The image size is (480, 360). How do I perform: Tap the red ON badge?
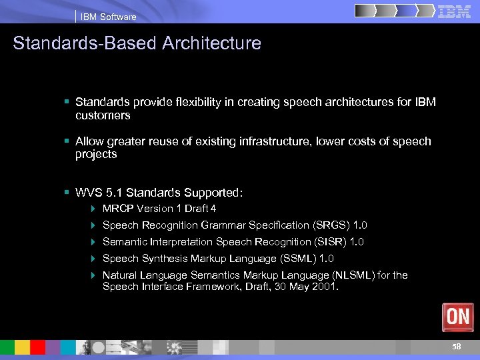pyautogui.click(x=457, y=317)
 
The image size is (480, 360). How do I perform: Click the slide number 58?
pyautogui.click(x=456, y=347)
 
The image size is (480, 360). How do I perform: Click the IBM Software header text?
pyautogui.click(x=108, y=17)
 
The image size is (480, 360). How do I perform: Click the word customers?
pyautogui.click(x=103, y=115)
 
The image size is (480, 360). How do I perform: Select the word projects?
pyautogui.click(x=96, y=154)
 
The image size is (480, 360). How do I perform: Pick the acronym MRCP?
pyautogui.click(x=117, y=209)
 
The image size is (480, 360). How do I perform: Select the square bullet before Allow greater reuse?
pyautogui.click(x=67, y=141)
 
